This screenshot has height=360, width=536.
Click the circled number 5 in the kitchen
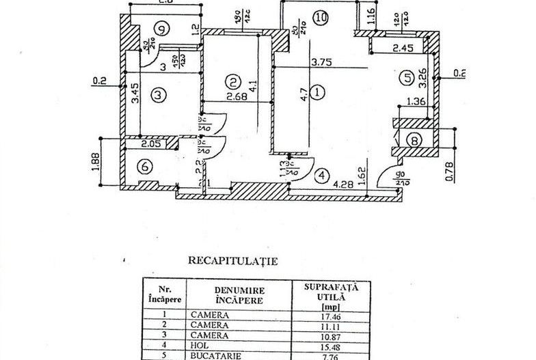[x=408, y=77]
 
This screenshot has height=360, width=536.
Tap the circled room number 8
[x=414, y=140]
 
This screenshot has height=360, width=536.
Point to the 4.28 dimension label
[x=344, y=184]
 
